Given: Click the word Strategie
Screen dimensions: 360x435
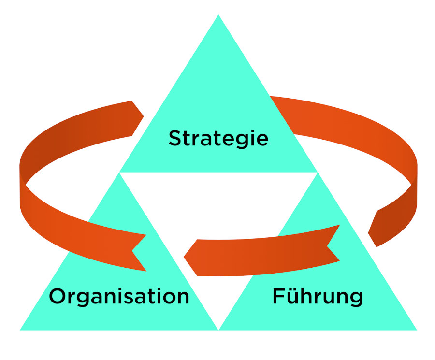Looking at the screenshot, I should click(218, 139).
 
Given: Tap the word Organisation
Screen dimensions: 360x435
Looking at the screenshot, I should click(119, 296).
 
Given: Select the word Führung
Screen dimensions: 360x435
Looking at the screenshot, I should click(318, 296).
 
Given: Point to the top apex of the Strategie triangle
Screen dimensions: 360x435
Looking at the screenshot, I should click(218, 15).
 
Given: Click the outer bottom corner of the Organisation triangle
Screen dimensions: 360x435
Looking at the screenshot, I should click(21, 330).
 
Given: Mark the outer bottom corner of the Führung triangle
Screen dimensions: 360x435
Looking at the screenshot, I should click(416, 330).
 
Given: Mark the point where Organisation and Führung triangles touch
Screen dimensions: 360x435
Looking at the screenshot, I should click(218, 329).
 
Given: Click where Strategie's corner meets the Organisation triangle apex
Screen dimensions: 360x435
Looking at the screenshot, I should click(120, 173).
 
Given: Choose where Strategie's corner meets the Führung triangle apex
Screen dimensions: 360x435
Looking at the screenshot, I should click(317, 173).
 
